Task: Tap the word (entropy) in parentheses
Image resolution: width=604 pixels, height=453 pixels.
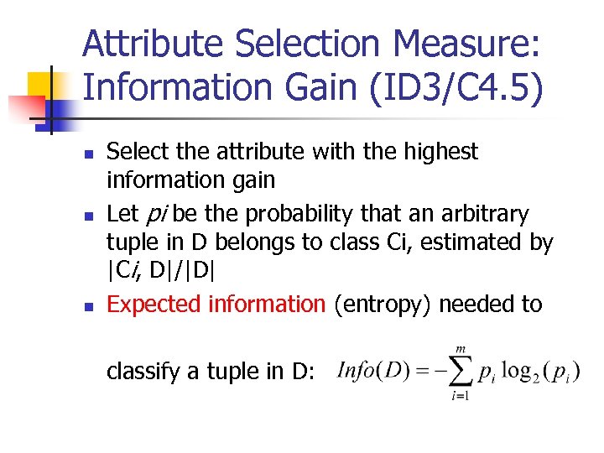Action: [x=383, y=304]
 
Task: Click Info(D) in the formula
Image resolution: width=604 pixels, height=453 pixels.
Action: [x=372, y=368]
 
